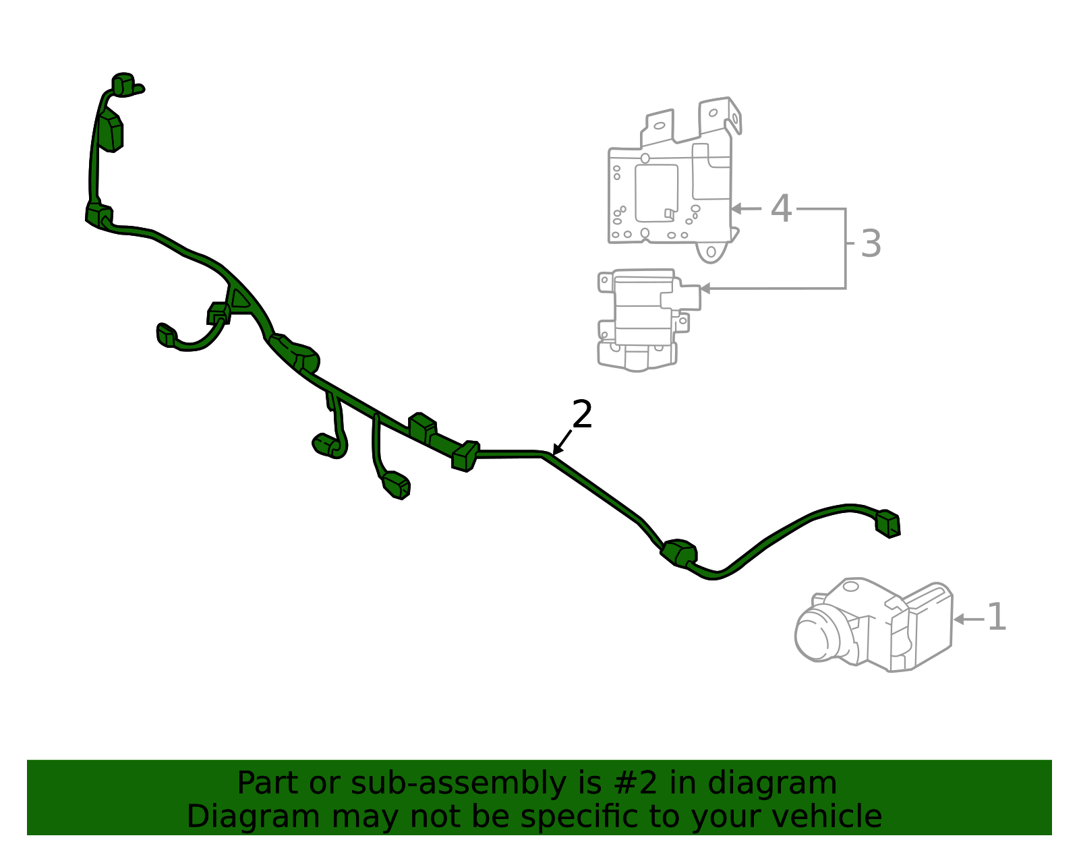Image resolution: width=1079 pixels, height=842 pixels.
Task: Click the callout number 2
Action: tap(581, 415)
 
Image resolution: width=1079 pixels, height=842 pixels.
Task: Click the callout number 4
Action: tap(781, 209)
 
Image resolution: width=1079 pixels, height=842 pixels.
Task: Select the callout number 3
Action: tap(871, 244)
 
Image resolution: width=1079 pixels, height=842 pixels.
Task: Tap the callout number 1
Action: tap(996, 618)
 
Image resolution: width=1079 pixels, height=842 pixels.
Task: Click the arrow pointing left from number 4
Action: tap(746, 209)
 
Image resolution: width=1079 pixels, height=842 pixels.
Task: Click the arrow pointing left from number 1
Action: tap(968, 619)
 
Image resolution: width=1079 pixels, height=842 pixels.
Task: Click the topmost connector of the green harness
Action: tap(123, 84)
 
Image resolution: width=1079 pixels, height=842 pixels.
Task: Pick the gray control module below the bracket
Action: tap(644, 320)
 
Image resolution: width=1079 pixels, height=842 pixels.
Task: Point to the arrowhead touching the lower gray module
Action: tap(705, 289)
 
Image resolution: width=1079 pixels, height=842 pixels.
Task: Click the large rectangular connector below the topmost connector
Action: tap(110, 131)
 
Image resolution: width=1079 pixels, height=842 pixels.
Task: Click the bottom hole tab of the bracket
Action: tap(711, 252)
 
